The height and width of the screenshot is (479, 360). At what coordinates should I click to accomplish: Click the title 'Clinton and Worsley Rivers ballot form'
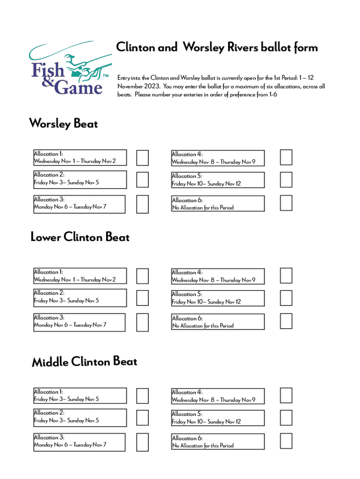217,47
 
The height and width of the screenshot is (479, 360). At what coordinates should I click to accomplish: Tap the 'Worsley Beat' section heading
64,123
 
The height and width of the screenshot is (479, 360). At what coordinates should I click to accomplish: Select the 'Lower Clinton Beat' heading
80,237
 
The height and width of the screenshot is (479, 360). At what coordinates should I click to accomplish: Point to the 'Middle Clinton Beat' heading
85,362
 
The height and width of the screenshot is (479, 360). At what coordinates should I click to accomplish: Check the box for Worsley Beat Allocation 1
142,158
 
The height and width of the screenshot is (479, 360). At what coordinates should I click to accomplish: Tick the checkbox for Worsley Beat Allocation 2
142,179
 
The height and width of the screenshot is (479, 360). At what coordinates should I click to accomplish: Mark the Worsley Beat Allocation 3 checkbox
142,203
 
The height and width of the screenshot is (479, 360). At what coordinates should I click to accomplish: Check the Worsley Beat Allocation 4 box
286,158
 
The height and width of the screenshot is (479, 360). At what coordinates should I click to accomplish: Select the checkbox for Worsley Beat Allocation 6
286,203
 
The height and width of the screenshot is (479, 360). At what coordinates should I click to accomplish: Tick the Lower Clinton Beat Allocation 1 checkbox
142,276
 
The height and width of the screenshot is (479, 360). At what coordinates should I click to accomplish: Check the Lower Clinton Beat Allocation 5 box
286,298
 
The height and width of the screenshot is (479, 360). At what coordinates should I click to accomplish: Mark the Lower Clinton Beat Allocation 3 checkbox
142,321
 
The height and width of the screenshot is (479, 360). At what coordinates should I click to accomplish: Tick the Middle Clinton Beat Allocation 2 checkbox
142,417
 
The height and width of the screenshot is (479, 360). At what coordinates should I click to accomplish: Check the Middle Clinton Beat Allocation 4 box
286,395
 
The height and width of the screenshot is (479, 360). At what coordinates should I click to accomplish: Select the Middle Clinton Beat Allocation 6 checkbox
286,441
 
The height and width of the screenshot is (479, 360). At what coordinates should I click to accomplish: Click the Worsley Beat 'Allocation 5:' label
187,176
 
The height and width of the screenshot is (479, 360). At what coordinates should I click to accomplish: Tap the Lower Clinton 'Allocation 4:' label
187,272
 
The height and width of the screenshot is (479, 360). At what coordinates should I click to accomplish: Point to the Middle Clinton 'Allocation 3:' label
49,437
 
